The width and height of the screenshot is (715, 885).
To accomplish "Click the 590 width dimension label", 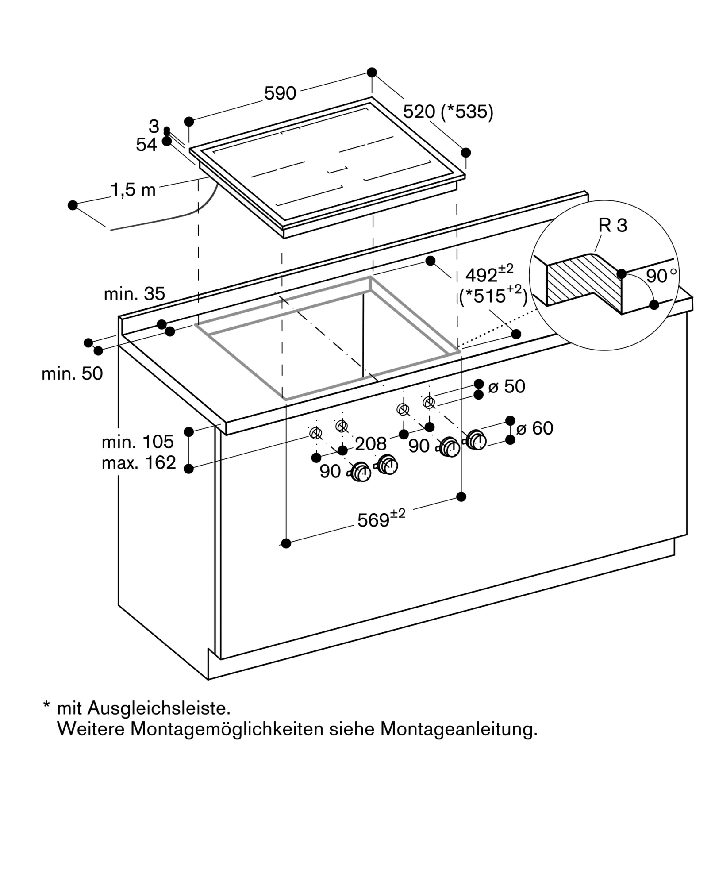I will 280,93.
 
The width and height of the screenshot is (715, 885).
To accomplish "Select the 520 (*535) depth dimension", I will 448,112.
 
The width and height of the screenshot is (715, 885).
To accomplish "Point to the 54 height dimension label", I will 146,145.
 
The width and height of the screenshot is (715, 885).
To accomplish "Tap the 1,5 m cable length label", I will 133,190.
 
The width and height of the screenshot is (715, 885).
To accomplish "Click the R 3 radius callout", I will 612,226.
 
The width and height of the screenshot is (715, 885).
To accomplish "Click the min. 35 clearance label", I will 134,294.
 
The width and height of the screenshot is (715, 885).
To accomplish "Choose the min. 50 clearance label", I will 72,374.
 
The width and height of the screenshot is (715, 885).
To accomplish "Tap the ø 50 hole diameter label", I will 507,387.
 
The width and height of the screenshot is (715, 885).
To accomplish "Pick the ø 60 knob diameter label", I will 534,428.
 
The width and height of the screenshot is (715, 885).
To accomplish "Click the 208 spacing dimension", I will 370,444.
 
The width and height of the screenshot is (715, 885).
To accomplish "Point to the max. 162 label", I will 138,463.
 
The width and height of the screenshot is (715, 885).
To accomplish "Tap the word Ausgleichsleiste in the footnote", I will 159,708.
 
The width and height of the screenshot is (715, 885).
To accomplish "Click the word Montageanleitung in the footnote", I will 458,729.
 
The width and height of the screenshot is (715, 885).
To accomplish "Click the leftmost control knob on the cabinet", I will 361,472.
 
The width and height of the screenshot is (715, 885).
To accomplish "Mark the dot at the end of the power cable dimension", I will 73,205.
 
